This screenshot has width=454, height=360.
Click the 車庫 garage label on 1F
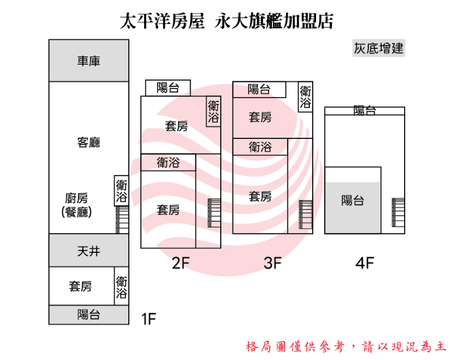(89, 61)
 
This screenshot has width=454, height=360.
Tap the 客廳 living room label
(89, 142)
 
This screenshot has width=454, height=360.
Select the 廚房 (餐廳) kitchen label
(77, 205)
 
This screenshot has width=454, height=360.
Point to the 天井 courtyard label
(89, 251)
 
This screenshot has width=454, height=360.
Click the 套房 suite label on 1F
(81, 286)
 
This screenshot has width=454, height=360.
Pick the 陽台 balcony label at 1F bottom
(89, 315)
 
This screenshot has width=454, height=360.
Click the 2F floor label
(180, 263)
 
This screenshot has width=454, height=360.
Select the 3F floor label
(272, 263)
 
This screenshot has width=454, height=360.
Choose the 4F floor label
(365, 263)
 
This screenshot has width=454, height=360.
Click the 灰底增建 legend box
(379, 49)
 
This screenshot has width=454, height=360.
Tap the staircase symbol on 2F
(214, 213)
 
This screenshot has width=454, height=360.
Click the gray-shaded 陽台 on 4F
(352, 201)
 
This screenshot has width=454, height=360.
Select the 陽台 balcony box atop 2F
(168, 88)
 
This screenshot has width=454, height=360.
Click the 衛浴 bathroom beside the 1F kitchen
(121, 190)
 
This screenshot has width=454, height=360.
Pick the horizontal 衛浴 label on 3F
(260, 147)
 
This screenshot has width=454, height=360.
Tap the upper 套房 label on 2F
(176, 126)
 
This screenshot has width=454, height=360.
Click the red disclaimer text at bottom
(346, 346)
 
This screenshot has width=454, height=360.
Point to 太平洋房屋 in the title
(162, 22)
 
